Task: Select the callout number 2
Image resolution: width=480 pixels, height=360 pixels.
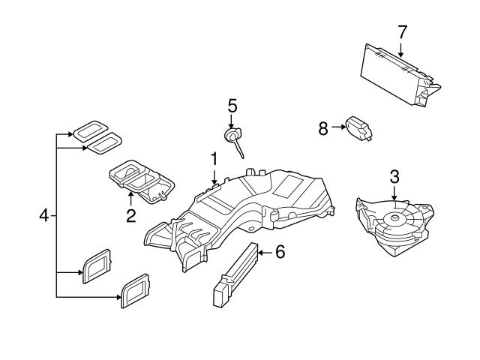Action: (130, 216)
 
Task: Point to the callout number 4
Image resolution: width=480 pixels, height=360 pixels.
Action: (43, 216)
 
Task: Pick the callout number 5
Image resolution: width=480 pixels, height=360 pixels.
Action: (232, 104)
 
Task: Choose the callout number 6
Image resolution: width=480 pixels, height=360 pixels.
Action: (279, 253)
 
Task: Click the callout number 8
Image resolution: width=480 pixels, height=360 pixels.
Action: (323, 128)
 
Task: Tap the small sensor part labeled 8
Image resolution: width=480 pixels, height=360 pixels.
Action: (359, 130)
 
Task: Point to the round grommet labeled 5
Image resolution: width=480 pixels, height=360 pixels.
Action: (231, 136)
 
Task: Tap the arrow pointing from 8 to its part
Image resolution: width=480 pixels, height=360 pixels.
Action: (338, 128)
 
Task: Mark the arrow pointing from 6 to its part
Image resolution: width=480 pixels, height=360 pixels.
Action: (263, 253)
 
